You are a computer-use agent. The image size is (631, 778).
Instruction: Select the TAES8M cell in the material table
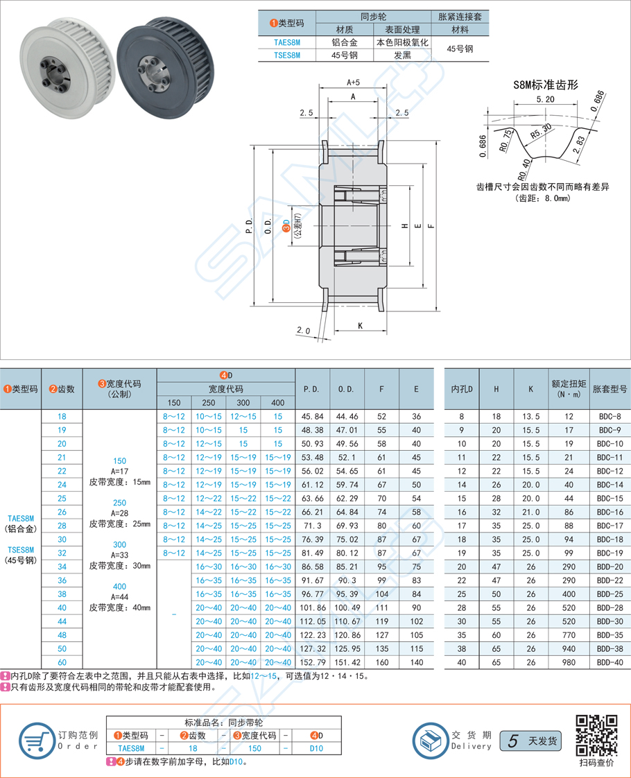click(286, 42)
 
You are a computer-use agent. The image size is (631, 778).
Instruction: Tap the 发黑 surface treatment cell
click(402, 55)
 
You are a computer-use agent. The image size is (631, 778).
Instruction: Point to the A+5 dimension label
click(353, 83)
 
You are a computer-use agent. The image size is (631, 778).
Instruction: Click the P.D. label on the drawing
click(249, 227)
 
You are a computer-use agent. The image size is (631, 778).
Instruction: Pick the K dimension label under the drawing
click(361, 325)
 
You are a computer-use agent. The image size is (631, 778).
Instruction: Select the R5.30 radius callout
click(541, 130)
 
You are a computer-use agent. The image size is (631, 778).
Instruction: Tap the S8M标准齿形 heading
click(546, 85)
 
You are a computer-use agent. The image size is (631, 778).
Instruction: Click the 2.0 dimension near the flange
click(303, 330)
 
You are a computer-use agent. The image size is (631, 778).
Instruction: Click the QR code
click(597, 735)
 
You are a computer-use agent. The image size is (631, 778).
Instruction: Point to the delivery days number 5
click(512, 741)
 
